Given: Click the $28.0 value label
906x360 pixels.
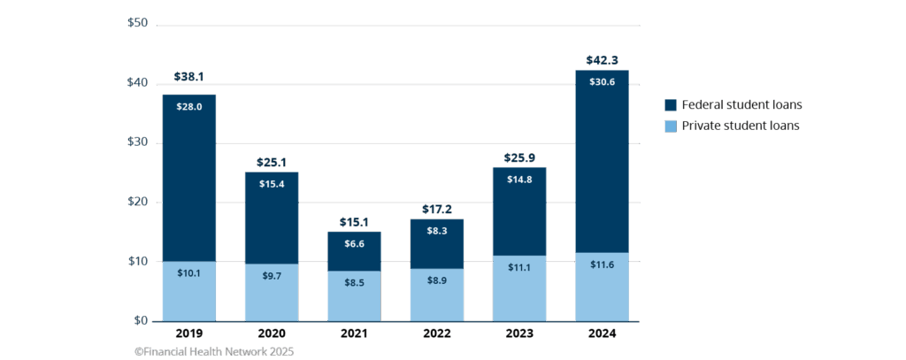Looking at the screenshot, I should [x=188, y=107].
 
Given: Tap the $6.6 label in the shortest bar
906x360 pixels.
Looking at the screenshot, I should [x=354, y=244].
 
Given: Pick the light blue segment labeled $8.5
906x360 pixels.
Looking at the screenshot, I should [x=354, y=296].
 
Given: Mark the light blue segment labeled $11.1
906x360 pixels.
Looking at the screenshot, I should [x=519, y=288].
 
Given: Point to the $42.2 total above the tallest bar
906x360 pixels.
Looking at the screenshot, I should [x=602, y=60].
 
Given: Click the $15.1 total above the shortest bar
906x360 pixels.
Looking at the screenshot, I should [x=354, y=221].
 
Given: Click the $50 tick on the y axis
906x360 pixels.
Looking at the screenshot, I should [x=136, y=22].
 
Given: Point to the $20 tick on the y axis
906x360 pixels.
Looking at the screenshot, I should [x=136, y=202].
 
